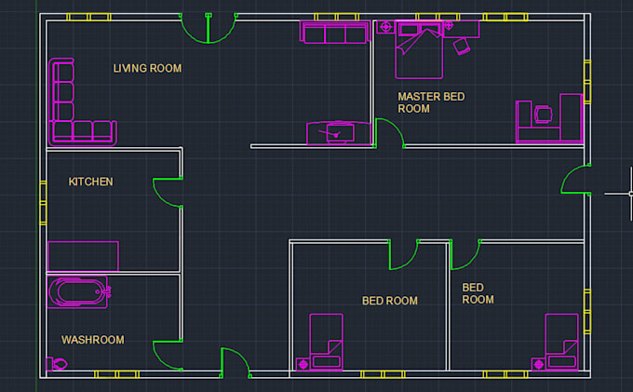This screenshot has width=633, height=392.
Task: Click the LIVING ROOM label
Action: coord(147,68)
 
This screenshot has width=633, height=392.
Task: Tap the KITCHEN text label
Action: coord(91,182)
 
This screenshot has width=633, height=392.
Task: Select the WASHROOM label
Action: coord(93,340)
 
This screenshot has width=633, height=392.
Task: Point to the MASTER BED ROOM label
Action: coord(430,102)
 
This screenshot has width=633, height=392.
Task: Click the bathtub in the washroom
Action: coord(79,291)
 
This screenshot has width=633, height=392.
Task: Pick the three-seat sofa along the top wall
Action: coord(334,34)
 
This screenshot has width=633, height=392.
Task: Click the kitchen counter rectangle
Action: coord(83,256)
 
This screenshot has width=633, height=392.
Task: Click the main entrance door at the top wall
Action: coord(207,28)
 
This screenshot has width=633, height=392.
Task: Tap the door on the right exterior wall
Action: coord(575,179)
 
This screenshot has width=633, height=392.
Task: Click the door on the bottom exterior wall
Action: coord(235,362)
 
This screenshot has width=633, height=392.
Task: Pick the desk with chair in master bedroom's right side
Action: coord(549,117)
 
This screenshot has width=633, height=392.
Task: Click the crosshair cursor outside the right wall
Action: coord(619,194)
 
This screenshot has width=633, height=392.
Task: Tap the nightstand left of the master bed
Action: coord(384,27)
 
